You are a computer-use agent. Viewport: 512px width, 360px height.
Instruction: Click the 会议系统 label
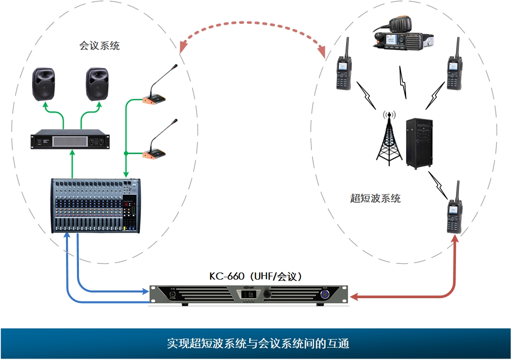pos(99,46)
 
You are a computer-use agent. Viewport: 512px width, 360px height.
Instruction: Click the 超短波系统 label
pos(375,199)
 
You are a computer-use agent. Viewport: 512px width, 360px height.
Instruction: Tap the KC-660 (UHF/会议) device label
pos(256,276)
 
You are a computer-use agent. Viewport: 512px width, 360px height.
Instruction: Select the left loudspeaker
pos(44,84)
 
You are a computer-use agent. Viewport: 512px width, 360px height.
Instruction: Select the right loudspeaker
pos(97,84)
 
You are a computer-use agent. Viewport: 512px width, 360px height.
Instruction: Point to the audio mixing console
pos(97,206)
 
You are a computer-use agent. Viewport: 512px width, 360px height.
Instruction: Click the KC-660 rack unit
pos(248,294)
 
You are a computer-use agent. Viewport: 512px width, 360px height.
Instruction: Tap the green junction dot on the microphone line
pos(126,154)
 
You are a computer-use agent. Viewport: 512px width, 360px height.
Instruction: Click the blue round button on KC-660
pos(325,294)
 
